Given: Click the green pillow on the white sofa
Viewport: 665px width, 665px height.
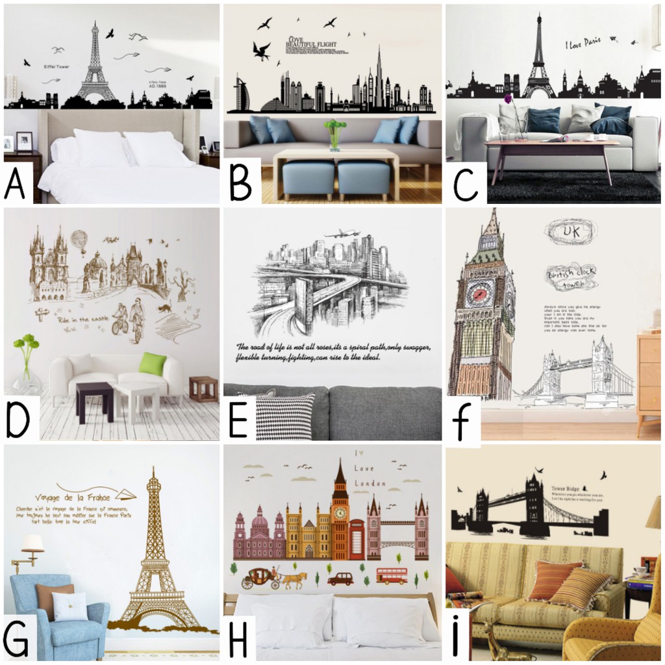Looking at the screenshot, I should [x=152, y=364].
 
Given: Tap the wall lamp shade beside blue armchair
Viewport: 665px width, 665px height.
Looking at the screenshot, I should [x=32, y=542].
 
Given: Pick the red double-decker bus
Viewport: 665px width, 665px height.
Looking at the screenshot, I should [x=392, y=575].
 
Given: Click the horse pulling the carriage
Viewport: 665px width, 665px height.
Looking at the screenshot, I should [x=294, y=577].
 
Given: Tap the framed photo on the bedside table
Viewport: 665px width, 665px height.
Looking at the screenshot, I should [x=24, y=141].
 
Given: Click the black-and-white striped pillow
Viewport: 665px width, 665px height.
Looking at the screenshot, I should [x=284, y=416].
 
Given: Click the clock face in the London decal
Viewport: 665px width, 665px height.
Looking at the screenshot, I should [x=340, y=512].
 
